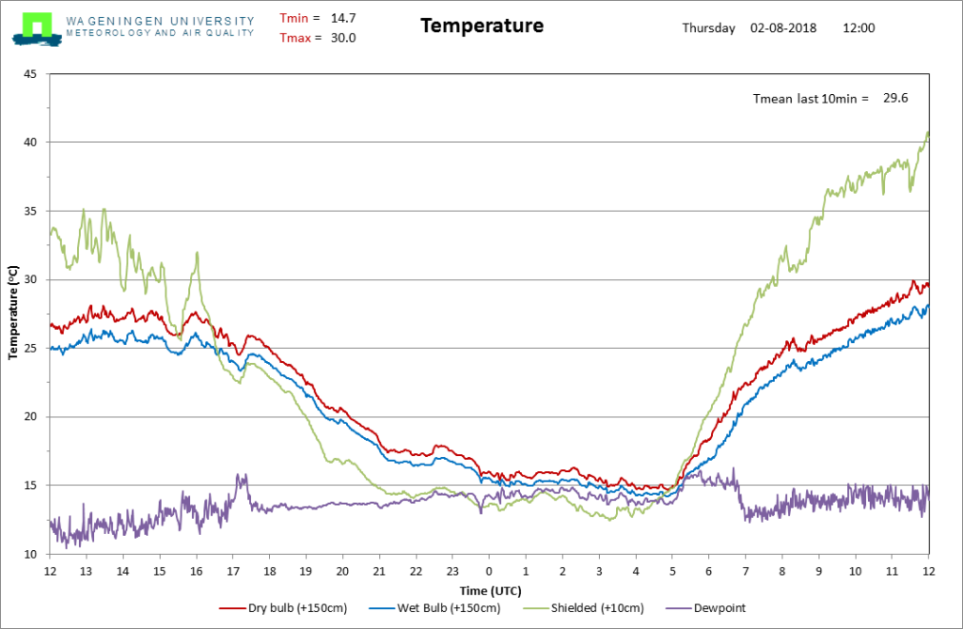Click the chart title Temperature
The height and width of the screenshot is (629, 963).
point(482,25)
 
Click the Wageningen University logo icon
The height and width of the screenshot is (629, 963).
point(37,29)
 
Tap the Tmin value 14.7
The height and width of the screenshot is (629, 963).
point(343,19)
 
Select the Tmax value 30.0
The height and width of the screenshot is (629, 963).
point(343,39)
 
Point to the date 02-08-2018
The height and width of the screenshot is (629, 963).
point(783,28)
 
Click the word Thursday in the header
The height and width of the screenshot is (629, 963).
point(709,28)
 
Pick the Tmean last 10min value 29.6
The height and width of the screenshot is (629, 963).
point(895,99)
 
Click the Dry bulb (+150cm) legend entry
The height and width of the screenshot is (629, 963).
point(283,608)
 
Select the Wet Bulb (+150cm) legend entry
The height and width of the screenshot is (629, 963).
point(434,608)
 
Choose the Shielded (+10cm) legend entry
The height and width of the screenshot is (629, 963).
point(583,608)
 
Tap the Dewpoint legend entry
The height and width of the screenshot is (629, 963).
point(705,608)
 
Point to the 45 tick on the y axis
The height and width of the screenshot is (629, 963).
point(30,74)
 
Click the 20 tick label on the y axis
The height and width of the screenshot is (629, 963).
point(30,417)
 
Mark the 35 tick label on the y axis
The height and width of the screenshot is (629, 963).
point(30,212)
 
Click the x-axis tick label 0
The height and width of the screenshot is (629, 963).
point(489,572)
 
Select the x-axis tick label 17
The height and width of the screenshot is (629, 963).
point(233,572)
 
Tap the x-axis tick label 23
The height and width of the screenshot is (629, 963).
point(452,572)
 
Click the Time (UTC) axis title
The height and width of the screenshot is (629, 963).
point(491,590)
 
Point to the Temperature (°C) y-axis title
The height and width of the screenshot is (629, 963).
point(13,313)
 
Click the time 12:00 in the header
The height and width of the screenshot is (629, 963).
point(859,28)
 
